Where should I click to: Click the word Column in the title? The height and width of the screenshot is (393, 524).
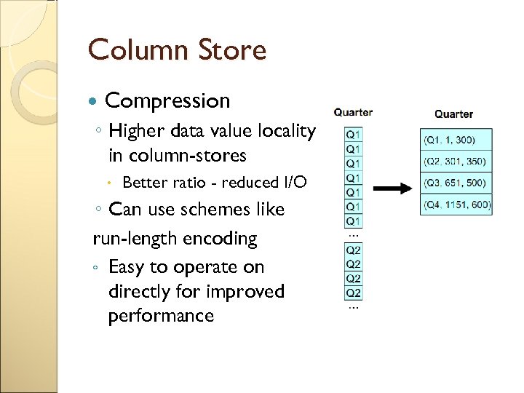point(130,50)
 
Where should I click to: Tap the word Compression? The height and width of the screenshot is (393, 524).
point(167,100)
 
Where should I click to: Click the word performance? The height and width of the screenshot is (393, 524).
point(161,316)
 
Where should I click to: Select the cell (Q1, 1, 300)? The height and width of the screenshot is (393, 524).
point(456,140)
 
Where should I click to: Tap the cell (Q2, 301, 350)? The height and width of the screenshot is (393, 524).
point(456,162)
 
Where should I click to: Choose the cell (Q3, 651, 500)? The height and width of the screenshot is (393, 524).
point(456,183)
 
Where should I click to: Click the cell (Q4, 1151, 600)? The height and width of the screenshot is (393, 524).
point(456,205)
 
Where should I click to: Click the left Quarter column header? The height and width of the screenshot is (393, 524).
point(353,112)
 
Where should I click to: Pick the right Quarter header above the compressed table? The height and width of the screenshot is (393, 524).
point(453,114)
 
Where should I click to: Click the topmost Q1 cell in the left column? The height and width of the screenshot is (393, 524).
point(353,135)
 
